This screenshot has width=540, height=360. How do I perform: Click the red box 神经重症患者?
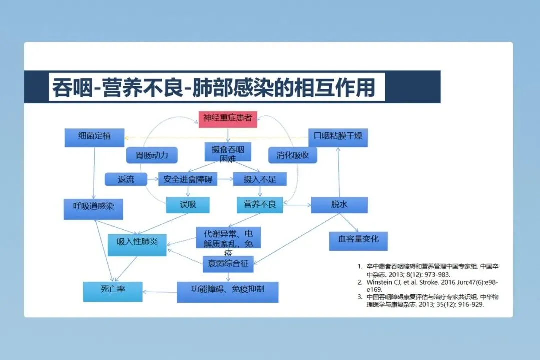228,119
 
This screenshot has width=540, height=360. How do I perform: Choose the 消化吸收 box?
293,155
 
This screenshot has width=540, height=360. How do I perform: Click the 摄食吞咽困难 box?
228,153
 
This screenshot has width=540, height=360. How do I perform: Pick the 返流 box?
126,179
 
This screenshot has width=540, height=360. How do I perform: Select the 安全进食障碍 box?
188,179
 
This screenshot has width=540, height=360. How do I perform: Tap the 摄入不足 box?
259,179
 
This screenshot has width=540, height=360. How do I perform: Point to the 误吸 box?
188,205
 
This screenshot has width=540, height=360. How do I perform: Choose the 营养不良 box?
260,205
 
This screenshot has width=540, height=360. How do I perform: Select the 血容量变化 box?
358,240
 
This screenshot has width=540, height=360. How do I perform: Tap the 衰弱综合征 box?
228,264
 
